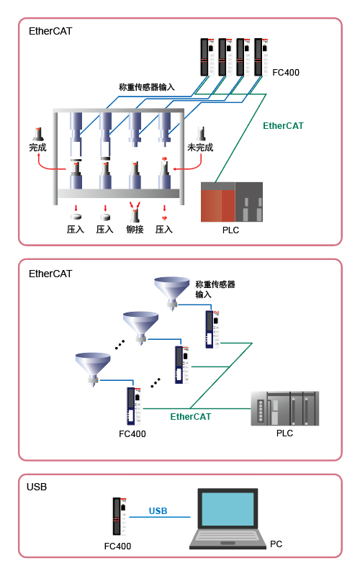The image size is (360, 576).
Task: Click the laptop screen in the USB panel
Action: click(228, 509)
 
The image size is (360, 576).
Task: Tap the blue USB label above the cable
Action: click(158, 510)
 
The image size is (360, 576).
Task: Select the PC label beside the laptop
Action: click(276, 544)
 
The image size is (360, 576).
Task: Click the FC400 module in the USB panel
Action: click(120, 516)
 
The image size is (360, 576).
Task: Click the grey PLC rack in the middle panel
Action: click(284, 408)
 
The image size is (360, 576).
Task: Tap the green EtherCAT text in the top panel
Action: click(283, 126)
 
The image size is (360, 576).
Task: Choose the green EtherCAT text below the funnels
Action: click(191, 417)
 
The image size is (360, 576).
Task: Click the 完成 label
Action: click(38, 148)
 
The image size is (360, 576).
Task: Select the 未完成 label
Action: click(200, 148)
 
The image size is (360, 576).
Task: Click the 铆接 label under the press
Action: click(135, 230)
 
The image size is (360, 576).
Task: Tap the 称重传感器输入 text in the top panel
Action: click(147, 87)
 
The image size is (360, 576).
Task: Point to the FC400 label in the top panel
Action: click(286, 73)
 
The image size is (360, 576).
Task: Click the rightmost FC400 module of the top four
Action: click(261, 57)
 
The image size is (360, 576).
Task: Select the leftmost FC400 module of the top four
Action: click(207, 57)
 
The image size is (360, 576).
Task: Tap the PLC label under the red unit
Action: click(230, 230)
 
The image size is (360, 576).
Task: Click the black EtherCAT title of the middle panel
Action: click(50, 274)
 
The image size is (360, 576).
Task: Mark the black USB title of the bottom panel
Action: click(37, 487)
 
